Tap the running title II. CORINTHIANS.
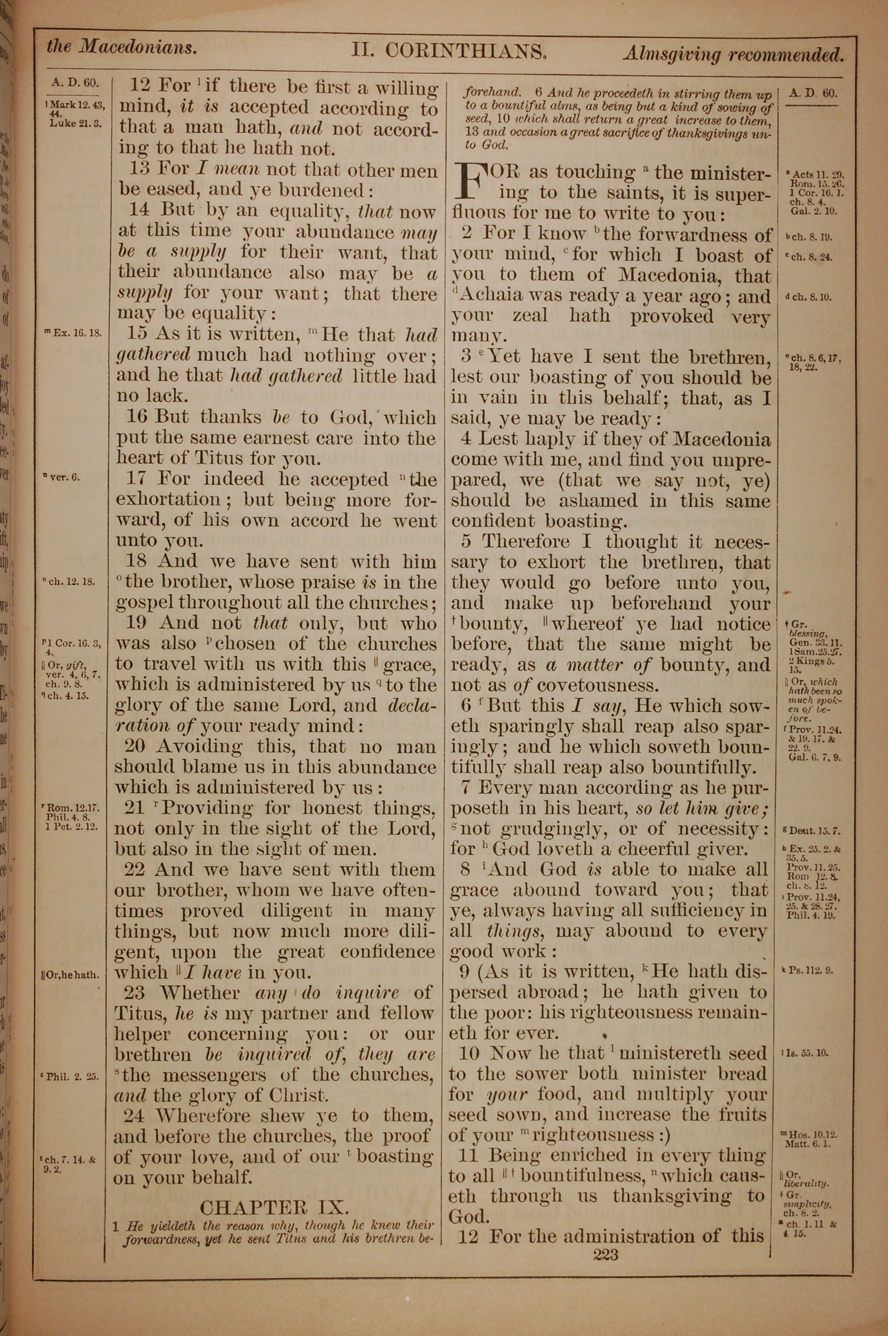448,52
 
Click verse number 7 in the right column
467,788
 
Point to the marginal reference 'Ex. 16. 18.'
76,334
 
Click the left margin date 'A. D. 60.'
75,83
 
